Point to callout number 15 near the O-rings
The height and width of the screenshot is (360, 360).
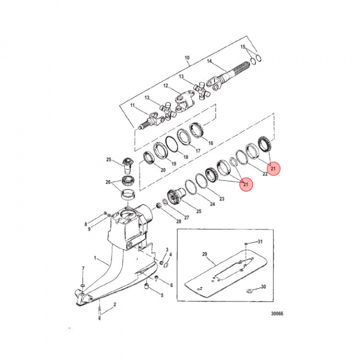pos(243,46)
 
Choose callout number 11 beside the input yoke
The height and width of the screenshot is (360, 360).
pos(132,106)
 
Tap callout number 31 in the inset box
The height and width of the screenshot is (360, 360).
pos(260,241)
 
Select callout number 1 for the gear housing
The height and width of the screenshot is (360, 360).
pos(96,259)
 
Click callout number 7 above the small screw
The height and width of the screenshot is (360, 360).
pos(83,269)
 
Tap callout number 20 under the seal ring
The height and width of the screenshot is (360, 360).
pos(162,170)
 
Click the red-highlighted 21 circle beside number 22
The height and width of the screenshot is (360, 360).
pos(273,169)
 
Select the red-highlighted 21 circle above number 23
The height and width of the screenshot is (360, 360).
pos(245,184)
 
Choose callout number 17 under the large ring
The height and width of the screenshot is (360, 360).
pos(197,150)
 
